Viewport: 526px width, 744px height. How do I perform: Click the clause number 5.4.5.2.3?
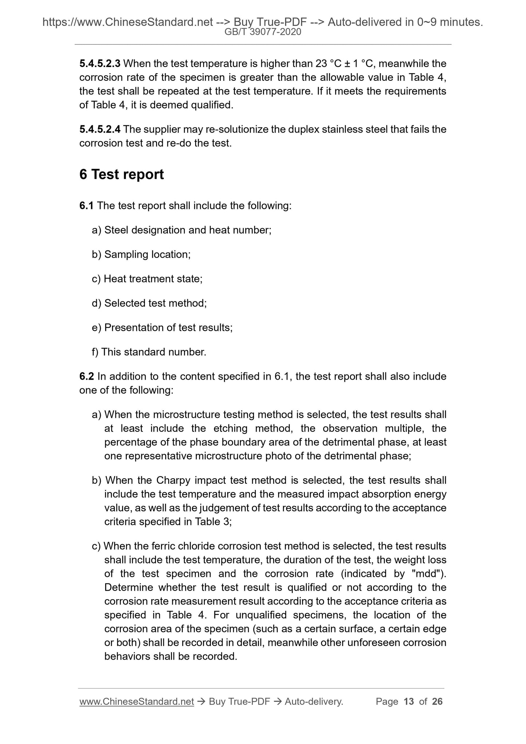pos(100,64)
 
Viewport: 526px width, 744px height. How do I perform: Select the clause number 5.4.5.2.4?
pos(100,129)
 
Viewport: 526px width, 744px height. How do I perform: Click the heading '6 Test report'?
pos(122,174)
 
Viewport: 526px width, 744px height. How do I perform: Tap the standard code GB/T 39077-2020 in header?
pos(263,32)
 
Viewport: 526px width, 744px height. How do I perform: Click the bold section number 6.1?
pos(86,206)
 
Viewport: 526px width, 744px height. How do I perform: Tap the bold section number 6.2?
pos(86,376)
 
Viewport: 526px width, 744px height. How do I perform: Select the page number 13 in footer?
pos(409,701)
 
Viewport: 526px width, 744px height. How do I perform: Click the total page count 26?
pos(437,701)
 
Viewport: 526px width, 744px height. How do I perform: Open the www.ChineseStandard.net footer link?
pos(136,701)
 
